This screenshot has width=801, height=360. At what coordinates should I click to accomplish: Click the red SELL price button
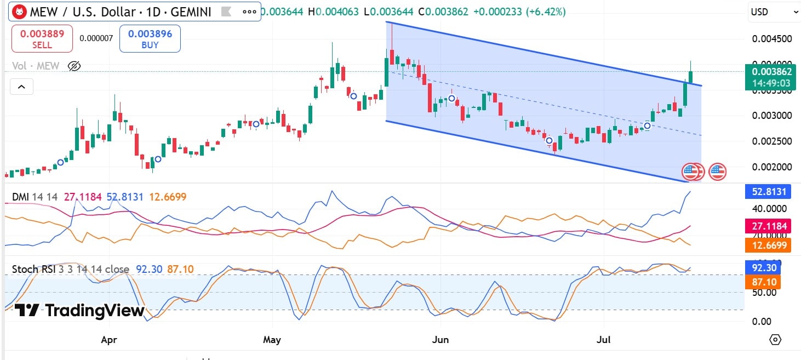pos(42,38)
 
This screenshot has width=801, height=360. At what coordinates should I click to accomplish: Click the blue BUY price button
pos(150,38)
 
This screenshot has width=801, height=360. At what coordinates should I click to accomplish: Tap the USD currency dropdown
pos(773,12)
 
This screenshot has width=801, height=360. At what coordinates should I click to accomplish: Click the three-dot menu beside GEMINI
pos(249,12)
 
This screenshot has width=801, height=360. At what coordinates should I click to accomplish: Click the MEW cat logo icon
pos(20,12)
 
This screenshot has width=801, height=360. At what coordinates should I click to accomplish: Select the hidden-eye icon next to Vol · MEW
pos(74,66)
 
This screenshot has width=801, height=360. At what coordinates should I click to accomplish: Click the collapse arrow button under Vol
pos(21,87)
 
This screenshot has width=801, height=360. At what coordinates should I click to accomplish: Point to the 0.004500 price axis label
pos(771,39)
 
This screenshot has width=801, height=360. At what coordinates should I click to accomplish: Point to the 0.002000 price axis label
pos(771,167)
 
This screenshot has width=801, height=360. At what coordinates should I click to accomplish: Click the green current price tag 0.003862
pos(771,77)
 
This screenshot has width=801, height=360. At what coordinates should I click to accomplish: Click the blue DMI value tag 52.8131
pos(768,192)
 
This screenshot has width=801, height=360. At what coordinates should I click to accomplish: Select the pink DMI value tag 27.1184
pos(768,226)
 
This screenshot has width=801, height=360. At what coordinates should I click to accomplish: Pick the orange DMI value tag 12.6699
pos(768,244)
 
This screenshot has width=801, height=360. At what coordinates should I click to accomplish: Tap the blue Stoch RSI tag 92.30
pos(763,267)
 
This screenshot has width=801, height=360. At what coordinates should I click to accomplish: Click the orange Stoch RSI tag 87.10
pos(763,282)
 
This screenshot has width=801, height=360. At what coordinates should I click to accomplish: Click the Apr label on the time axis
pos(109,340)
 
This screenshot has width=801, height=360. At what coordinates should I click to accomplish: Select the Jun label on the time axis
pos(440,340)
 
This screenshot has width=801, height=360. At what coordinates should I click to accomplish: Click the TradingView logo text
pos(79,311)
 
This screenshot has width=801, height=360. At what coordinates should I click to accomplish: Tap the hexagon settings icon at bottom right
pos(775,340)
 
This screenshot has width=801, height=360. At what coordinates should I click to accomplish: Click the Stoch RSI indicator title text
pos(70,269)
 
